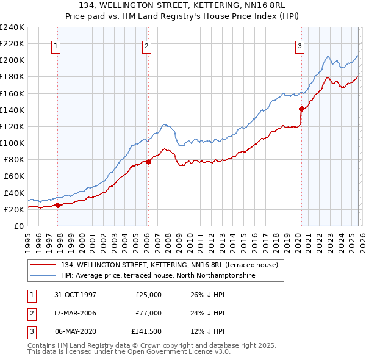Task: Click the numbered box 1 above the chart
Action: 56,45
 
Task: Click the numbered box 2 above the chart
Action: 147,45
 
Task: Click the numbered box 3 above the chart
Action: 300,45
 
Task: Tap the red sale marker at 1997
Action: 58,205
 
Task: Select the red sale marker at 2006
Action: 148,162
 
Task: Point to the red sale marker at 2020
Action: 301,109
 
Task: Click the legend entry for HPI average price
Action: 157,276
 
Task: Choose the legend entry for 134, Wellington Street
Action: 169,265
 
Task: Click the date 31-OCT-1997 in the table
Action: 75,295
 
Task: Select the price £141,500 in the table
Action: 146,331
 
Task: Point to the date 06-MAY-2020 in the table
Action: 75,331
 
